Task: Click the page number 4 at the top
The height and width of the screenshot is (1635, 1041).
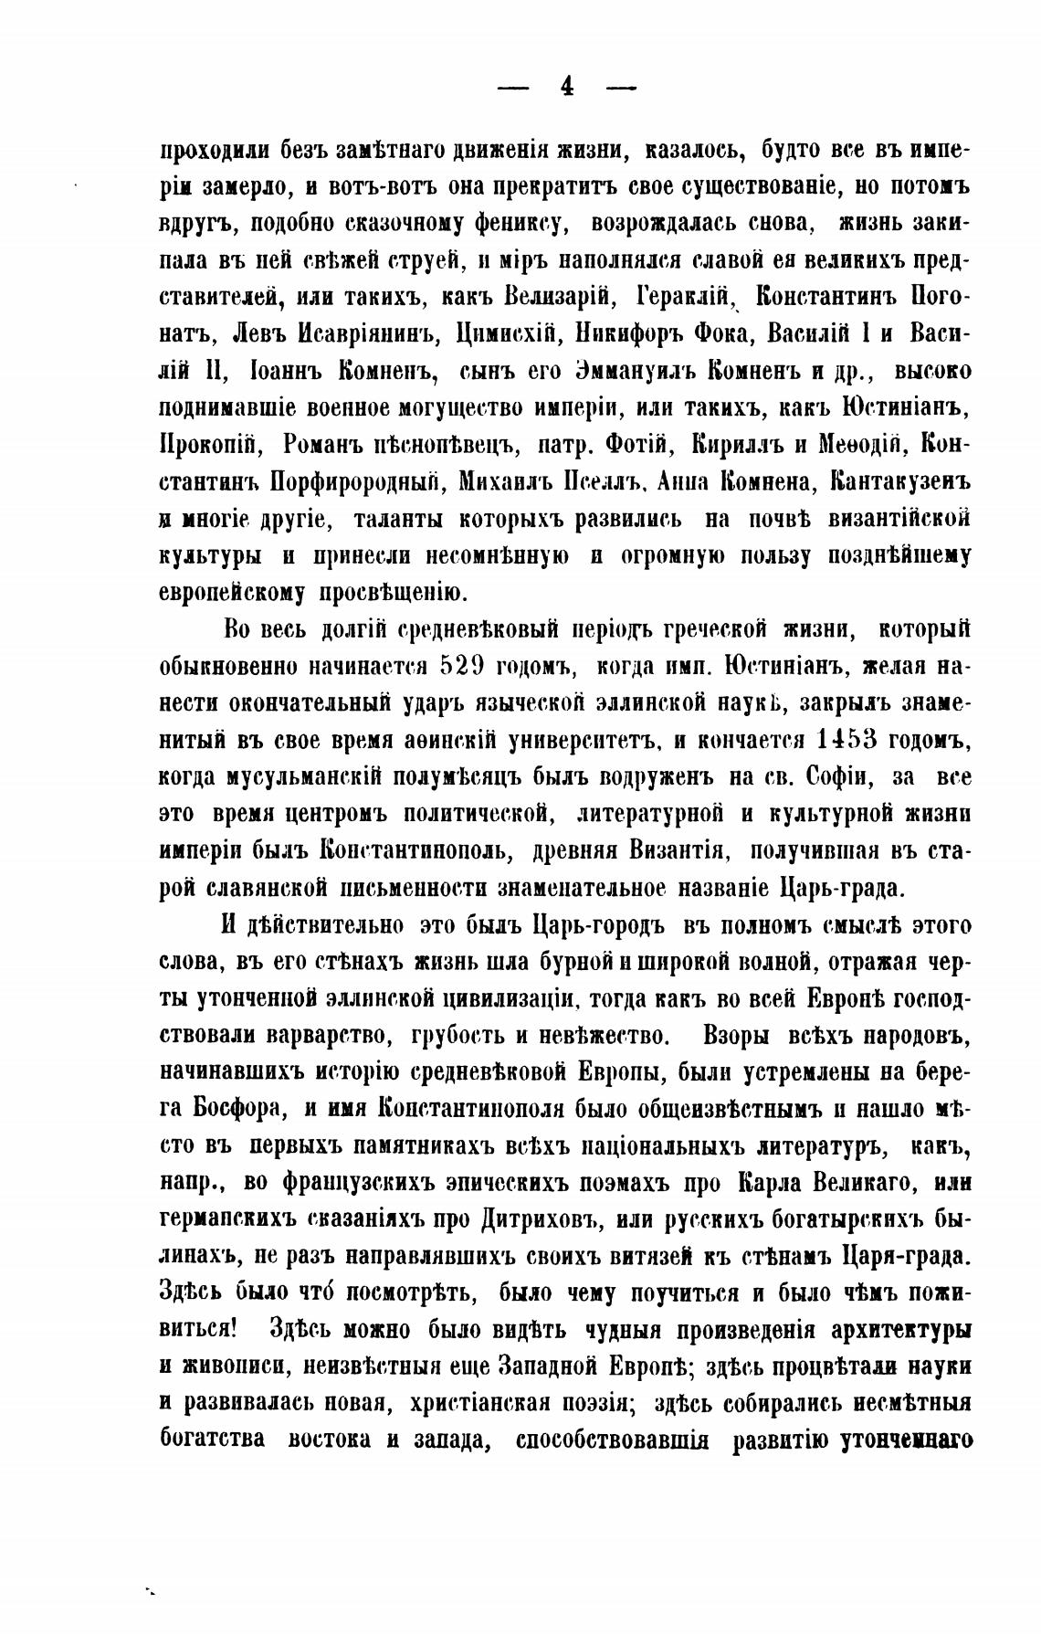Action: [566, 87]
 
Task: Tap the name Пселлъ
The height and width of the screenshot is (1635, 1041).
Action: [593, 481]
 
